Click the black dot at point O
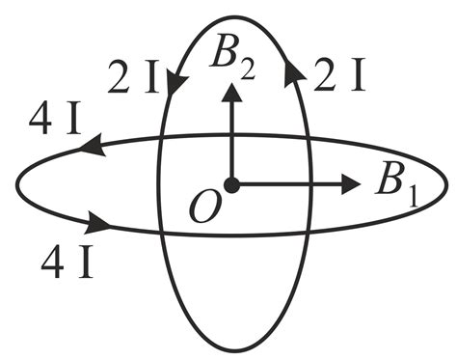(x=230, y=184)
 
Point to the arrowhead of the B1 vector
(x=351, y=183)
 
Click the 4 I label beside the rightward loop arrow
(x=67, y=261)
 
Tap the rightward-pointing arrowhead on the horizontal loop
(x=98, y=223)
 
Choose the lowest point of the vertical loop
(x=235, y=349)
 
